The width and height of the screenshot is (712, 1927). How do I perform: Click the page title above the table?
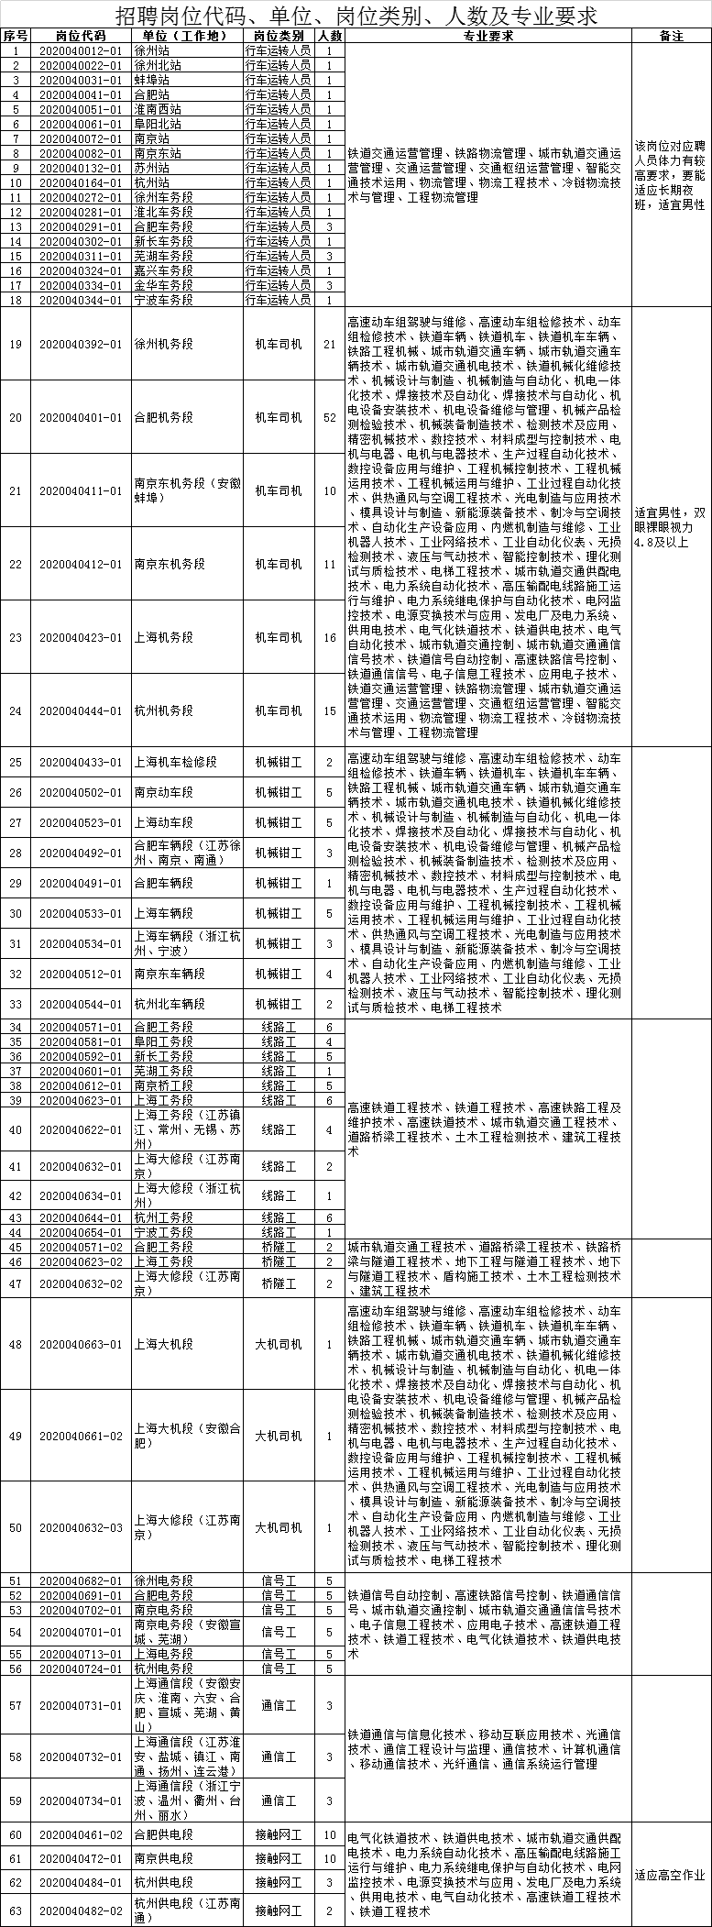coord(356,16)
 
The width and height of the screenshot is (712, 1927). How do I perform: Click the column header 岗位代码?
coord(81,36)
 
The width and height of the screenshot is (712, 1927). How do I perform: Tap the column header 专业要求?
coord(488,36)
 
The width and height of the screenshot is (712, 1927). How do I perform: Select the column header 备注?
coord(672,36)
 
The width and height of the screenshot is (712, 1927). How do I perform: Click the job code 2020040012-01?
coord(81,50)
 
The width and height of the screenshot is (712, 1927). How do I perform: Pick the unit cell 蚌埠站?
coord(151,80)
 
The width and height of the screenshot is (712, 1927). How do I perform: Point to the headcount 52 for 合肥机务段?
coord(330,417)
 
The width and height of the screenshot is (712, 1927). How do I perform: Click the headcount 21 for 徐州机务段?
coord(330,344)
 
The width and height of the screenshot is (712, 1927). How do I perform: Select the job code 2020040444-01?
coord(81,710)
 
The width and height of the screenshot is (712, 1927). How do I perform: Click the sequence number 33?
coord(16,1004)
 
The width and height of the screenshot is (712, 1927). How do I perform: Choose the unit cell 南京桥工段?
coord(164,1085)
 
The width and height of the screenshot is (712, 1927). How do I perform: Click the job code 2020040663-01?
coord(81,1344)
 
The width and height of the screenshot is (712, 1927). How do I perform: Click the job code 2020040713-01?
coord(81,1654)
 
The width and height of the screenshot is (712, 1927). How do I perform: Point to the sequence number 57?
coord(16,1705)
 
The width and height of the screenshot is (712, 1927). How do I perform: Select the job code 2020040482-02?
coord(81,1910)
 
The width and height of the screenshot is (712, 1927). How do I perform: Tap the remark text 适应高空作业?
coord(670,1874)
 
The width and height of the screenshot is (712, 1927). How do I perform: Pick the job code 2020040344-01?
coord(81,300)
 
